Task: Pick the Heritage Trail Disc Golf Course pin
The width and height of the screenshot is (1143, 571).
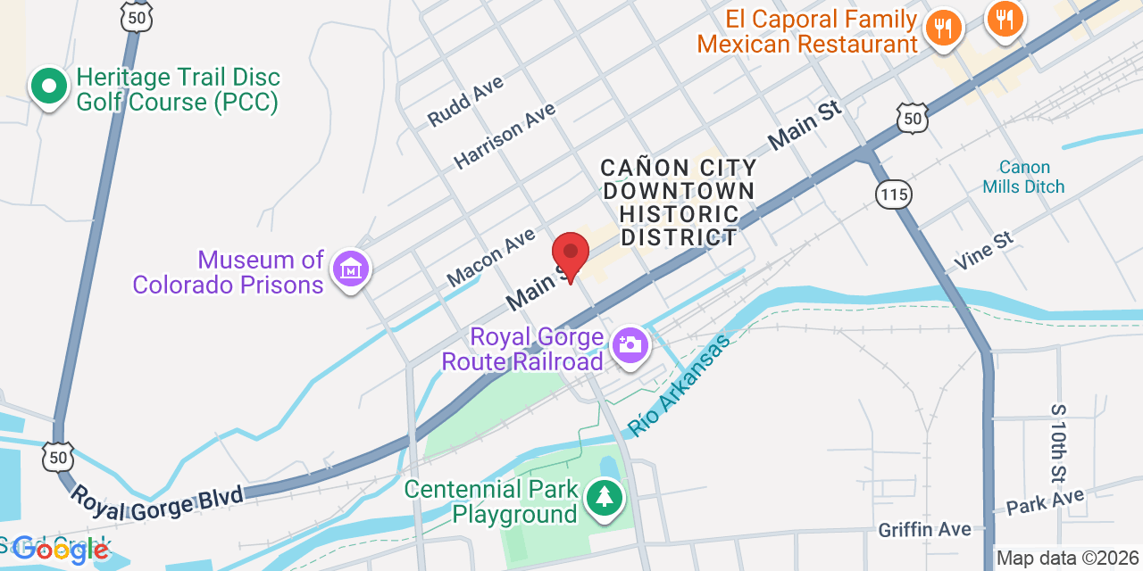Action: [x=49, y=87]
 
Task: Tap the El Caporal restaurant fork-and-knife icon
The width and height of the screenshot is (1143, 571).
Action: [x=943, y=27]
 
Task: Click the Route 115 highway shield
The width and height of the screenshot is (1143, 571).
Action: [x=893, y=194]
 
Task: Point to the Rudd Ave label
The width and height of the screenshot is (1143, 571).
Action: [x=465, y=100]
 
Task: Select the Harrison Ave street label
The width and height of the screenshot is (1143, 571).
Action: [x=505, y=136]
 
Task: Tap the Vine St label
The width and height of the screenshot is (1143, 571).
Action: [x=984, y=251]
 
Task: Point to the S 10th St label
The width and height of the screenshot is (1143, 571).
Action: [x=1059, y=443]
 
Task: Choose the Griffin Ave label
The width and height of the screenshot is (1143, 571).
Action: [x=924, y=530]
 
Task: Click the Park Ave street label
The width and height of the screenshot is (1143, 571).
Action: [x=1045, y=501]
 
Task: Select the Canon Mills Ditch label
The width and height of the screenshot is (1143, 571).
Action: [x=1023, y=177]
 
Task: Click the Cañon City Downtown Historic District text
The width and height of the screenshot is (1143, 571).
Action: [x=679, y=203]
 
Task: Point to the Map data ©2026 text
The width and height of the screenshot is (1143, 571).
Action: [x=1068, y=559]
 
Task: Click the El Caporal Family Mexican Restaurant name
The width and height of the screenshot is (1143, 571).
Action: [x=807, y=31]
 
